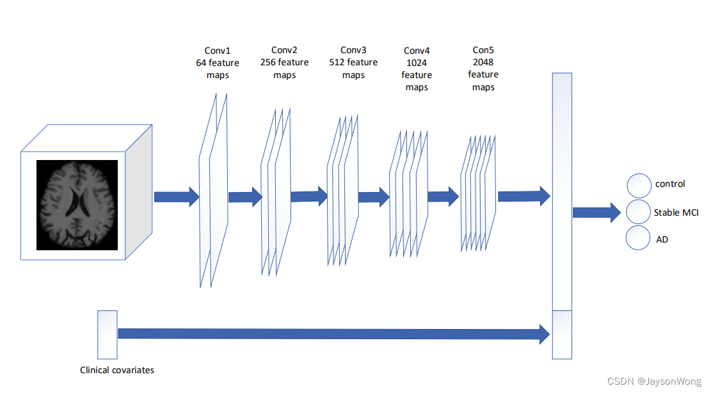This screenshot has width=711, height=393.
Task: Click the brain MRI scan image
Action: tap(77, 204)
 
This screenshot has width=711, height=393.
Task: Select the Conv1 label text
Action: tap(218, 51)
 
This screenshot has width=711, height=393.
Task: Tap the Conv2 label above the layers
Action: tap(284, 50)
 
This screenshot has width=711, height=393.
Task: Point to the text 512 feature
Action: tap(353, 62)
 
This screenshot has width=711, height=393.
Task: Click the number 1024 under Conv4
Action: tap(416, 63)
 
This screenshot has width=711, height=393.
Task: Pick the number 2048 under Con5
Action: tap(483, 62)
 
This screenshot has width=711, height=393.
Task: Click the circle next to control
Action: tap(639, 185)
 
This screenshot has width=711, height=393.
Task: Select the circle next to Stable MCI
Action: tap(639, 211)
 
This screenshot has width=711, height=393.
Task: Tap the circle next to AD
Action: tap(639, 237)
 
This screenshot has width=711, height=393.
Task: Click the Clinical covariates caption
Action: tap(117, 370)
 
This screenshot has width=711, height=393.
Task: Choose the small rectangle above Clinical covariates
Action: tap(107, 334)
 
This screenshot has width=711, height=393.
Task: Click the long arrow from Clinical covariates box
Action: tap(333, 333)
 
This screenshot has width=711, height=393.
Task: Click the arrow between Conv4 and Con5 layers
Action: tap(443, 196)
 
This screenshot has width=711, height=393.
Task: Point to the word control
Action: tap(670, 184)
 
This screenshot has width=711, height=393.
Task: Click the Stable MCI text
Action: tap(676, 212)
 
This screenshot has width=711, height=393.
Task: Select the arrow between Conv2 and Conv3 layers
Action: tap(308, 196)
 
